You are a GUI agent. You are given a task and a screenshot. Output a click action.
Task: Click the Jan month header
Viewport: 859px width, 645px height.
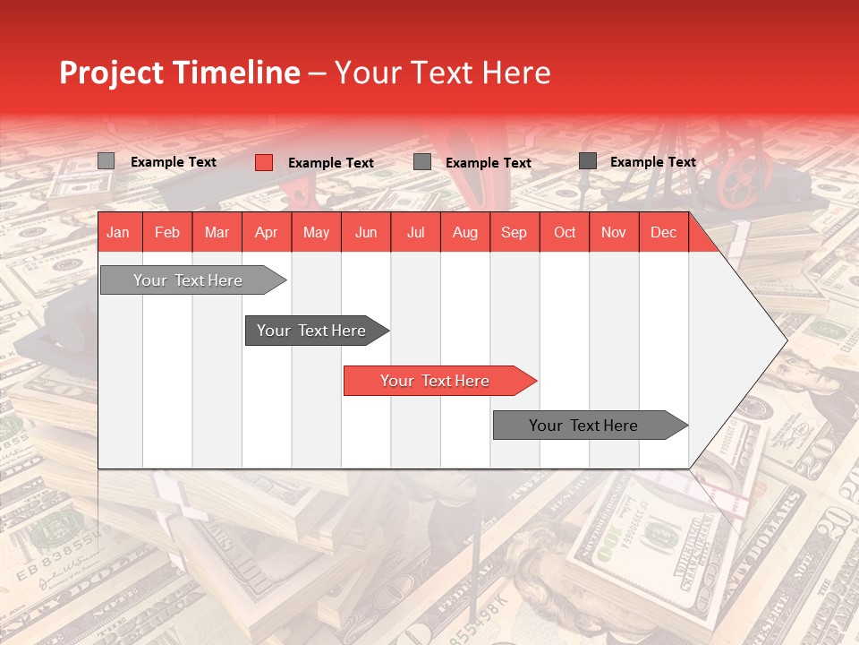coord(118,232)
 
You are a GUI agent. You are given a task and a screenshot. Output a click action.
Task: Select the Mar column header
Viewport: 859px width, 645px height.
coord(217,232)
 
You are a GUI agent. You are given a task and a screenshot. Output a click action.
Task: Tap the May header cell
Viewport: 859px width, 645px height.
coord(316,232)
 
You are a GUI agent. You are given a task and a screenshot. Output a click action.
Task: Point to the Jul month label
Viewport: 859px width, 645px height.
coord(415,232)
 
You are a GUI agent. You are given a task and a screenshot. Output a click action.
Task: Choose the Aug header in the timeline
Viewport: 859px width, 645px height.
coord(464,232)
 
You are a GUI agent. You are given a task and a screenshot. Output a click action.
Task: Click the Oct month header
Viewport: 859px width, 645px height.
coord(564,232)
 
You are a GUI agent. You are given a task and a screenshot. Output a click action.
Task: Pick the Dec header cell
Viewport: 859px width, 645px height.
coord(663,232)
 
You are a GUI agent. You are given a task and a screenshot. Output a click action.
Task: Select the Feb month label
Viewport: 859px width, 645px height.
coord(167,232)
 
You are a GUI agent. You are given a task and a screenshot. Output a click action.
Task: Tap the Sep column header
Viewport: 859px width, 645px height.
coord(514,232)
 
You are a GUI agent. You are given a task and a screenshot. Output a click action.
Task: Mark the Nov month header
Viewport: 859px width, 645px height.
coord(613,232)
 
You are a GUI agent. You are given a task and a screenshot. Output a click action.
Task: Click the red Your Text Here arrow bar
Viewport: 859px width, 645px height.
coord(436,381)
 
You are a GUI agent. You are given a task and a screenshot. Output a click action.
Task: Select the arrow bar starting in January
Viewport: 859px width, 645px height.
coord(189,280)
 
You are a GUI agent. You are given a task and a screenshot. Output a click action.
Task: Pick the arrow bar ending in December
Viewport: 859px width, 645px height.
coord(584,426)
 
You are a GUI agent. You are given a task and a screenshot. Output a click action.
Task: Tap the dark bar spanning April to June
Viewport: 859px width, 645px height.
coord(312,331)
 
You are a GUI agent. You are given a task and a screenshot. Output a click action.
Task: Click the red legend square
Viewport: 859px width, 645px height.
coord(263,162)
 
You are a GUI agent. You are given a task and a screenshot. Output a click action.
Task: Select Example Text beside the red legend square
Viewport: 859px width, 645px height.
coord(330,162)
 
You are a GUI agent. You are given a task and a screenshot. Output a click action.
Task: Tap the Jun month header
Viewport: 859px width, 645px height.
coord(365,232)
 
